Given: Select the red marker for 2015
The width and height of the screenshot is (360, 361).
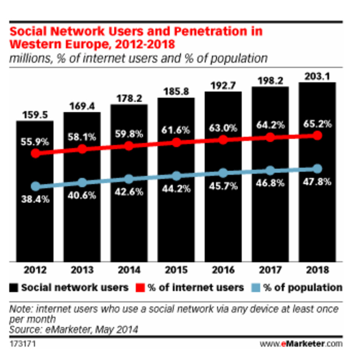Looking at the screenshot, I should tap(177, 143).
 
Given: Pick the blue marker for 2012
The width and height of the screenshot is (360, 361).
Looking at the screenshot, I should tap(35, 186).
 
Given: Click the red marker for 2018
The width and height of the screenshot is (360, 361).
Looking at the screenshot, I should tap(317, 136).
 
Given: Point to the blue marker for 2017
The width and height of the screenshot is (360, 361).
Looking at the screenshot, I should tap(270, 171).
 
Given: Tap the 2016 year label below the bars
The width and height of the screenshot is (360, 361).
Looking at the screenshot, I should tap(223, 270).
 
